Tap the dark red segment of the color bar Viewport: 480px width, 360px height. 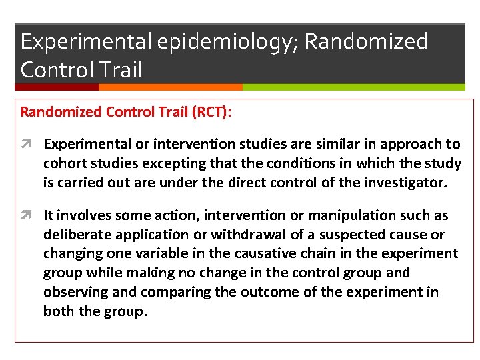coord(57,87)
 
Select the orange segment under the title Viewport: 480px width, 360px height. coord(170,87)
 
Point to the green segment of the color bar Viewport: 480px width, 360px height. coord(353,87)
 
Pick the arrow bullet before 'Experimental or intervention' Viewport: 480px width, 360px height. coord(29,144)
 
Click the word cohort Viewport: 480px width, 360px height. coord(63,163)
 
